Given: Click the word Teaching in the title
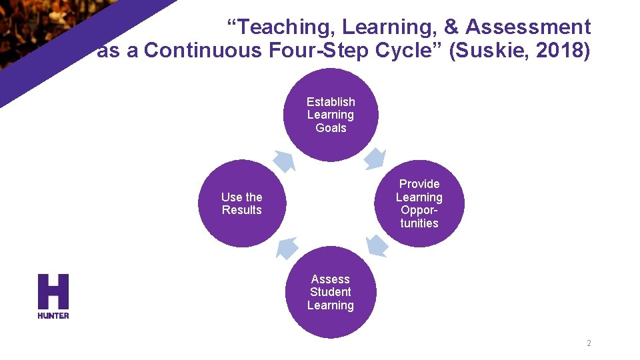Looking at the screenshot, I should pos(280,27).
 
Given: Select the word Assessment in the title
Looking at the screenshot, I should pos(528,27).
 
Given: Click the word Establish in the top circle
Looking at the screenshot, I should pos(331,102).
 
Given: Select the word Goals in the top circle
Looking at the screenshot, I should pos(331,128).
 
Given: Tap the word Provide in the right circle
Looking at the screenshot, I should pos(419,184).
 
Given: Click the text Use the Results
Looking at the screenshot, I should pos(241,203).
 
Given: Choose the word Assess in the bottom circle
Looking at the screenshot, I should pos(331,279).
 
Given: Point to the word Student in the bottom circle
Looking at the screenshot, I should pos(331,292).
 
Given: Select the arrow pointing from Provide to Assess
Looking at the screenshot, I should pos(376,246).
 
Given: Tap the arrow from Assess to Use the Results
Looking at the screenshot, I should pos(287,247).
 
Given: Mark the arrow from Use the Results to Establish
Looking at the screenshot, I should pos(285,161).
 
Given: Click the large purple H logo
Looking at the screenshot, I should pos(53,291).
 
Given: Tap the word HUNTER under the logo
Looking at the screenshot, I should pos(53,315).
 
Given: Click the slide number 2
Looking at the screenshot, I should pos(589,343).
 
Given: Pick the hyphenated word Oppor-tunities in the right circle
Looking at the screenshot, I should pos(419,217).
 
